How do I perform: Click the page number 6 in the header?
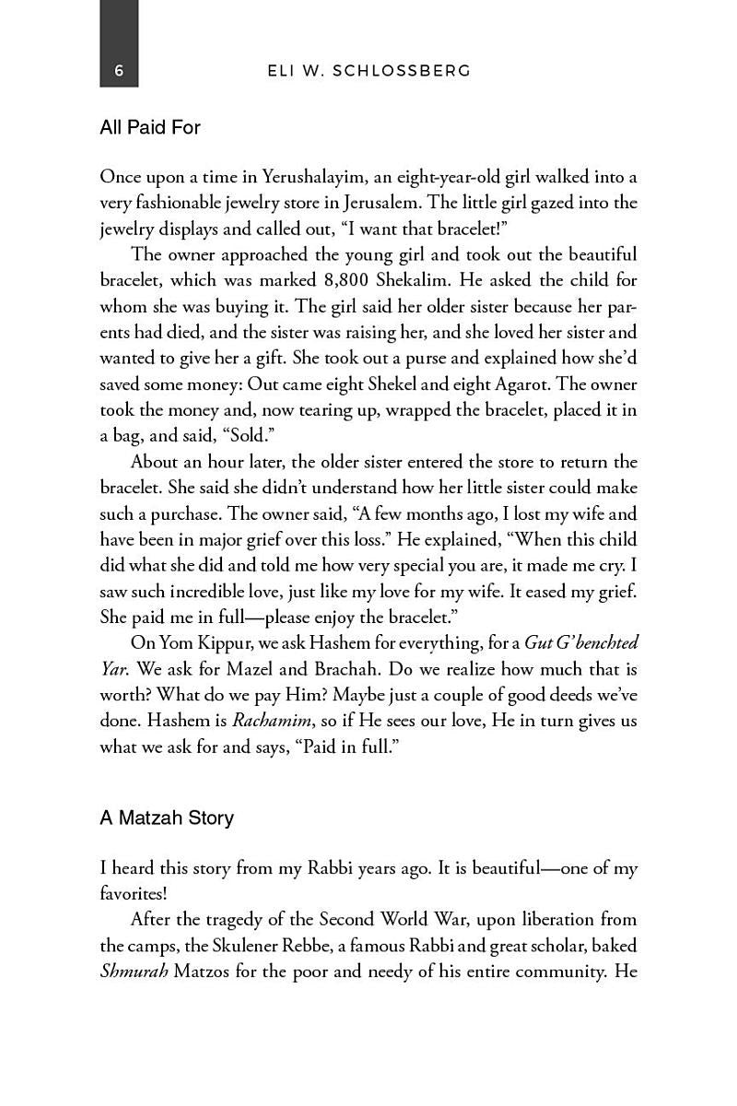coord(119,71)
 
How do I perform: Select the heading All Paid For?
coord(150,127)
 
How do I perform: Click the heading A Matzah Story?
coord(167,818)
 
